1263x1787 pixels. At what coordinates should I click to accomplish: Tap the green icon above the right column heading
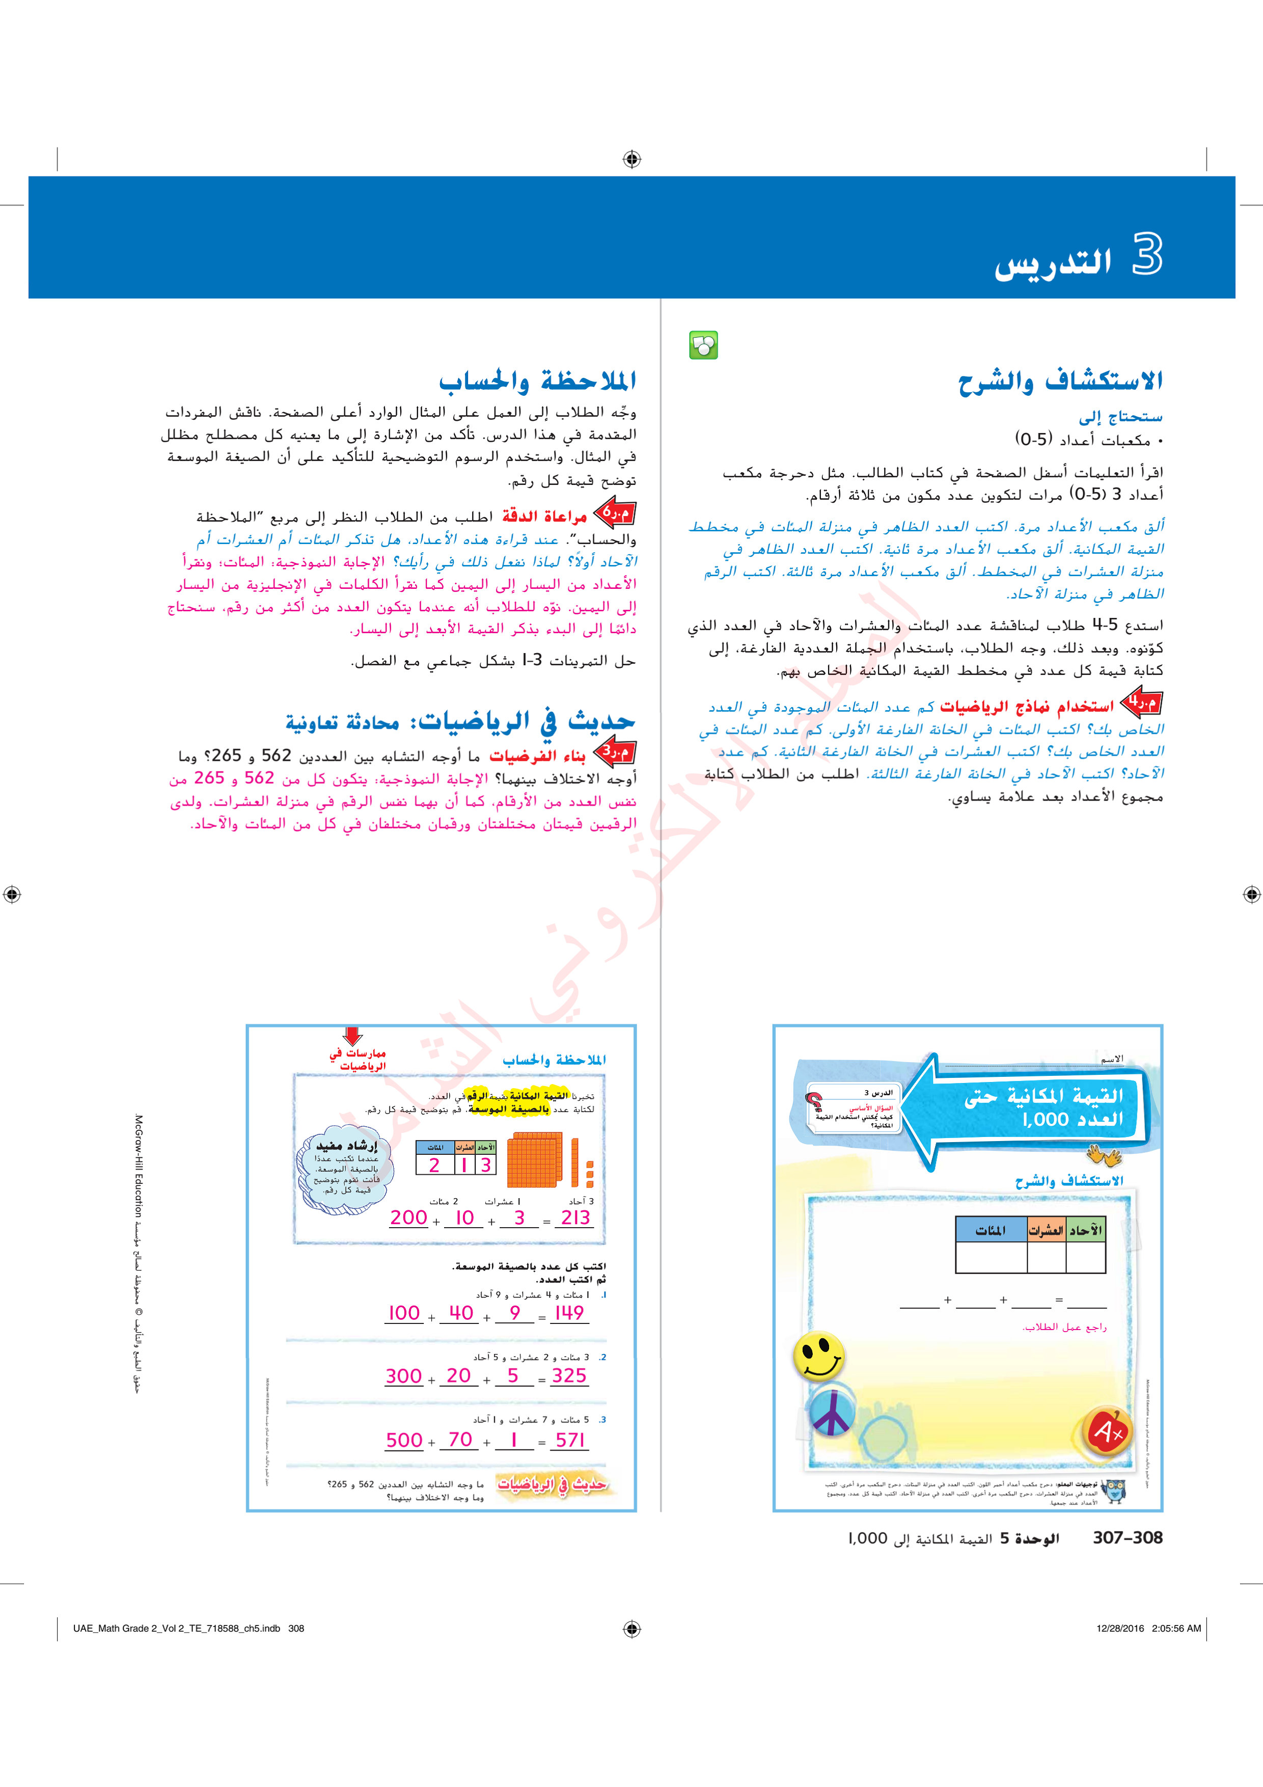(703, 345)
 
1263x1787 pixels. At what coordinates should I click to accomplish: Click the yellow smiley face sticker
(818, 1356)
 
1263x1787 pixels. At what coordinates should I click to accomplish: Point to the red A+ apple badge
(1107, 1430)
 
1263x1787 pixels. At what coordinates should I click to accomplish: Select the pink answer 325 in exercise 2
(569, 1376)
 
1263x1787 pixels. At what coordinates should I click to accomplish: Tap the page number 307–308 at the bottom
(1127, 1538)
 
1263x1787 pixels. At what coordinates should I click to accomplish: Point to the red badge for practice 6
(616, 513)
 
